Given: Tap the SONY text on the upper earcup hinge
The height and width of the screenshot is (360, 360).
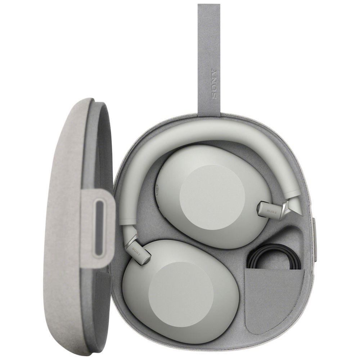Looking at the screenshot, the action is [x=271, y=210].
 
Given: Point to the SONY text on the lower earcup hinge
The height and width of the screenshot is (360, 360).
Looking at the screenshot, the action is [x=136, y=251].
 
